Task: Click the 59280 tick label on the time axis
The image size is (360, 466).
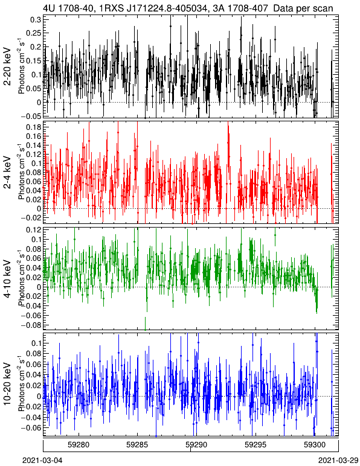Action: point(79,445)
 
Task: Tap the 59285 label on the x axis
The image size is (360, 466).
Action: point(137,445)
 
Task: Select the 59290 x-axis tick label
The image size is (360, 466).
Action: point(196,445)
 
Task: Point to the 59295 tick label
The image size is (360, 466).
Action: point(256,445)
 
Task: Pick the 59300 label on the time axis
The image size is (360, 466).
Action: point(315,445)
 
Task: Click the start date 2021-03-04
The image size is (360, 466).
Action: point(42,461)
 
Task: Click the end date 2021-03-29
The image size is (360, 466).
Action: point(338,461)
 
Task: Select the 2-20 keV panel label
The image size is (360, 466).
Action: point(7,66)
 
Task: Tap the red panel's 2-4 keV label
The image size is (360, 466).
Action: point(7,173)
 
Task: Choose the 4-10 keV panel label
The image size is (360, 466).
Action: point(7,278)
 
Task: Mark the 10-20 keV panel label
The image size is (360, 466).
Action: point(7,384)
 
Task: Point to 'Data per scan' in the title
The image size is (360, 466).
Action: point(303,8)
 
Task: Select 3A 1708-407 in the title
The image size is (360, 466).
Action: point(239,8)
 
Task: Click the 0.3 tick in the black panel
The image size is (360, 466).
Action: point(35,19)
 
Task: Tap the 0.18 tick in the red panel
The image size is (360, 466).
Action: point(33,127)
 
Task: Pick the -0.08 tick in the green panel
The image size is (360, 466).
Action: point(31,325)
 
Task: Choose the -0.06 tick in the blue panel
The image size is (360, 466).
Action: point(31,427)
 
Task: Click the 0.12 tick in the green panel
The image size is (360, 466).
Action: point(33,230)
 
